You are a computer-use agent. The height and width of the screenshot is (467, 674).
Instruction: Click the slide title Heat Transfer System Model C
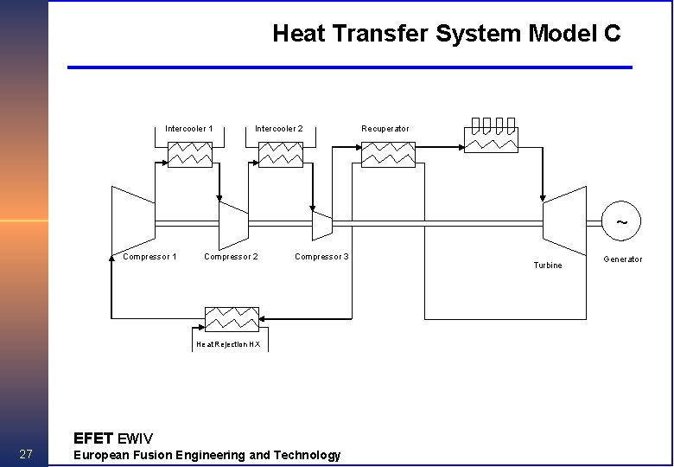point(446,34)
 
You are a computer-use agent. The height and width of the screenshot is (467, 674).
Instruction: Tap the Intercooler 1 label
point(189,129)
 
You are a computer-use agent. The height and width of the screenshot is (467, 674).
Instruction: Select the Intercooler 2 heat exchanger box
point(281,155)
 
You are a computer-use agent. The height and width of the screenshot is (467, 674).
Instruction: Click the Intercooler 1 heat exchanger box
point(190,155)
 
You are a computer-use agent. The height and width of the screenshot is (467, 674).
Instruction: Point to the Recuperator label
point(385,129)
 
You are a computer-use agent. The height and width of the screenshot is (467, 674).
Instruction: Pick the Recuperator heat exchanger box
point(388,155)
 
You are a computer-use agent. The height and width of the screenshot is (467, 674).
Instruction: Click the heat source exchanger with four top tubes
point(491,138)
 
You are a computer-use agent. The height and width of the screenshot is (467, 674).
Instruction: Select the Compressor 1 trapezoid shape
point(133,222)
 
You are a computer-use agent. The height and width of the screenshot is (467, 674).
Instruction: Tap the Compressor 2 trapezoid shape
point(233,224)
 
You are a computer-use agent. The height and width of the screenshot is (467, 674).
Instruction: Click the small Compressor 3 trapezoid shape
point(321,224)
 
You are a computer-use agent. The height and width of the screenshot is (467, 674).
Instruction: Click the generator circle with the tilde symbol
point(620,221)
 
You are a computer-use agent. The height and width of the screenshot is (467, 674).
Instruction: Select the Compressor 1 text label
point(149,257)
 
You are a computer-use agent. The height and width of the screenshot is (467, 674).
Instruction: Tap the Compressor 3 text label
point(321,257)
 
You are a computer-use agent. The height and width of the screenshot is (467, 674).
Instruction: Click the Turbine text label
point(548,265)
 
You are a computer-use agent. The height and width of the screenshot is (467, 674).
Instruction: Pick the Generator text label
point(622,259)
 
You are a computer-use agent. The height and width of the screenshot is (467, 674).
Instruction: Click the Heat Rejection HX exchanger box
point(232,319)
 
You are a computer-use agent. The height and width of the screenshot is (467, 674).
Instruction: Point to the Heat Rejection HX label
point(228,344)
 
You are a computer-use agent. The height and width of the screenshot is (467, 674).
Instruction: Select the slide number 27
point(25,455)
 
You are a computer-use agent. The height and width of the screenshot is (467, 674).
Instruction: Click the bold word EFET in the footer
point(92,438)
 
